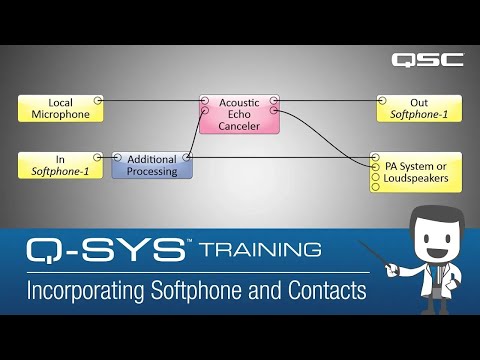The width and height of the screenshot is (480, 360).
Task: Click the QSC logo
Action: pyautogui.click(x=427, y=59)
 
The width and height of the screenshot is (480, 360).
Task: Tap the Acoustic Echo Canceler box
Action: pyautogui.click(x=239, y=114)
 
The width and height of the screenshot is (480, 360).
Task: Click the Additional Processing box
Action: pyautogui.click(x=152, y=165)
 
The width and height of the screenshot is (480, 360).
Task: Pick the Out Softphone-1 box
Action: pyautogui.click(x=419, y=108)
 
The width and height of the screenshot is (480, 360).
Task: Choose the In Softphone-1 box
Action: pyautogui.click(x=61, y=165)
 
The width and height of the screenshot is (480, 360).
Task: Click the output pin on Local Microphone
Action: pyautogui.click(x=98, y=101)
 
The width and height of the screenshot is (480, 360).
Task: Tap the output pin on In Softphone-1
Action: pyautogui.click(x=98, y=157)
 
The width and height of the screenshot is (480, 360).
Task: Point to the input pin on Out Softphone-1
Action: pyautogui.click(x=382, y=101)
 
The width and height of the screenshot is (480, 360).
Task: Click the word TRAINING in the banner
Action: pyautogui.click(x=259, y=248)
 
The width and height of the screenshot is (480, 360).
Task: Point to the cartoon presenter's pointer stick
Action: pyautogui.click(x=383, y=257)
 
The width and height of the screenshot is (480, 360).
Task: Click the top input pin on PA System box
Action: pyautogui.click(x=375, y=158)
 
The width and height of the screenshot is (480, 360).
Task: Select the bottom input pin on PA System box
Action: pyautogui.click(x=375, y=186)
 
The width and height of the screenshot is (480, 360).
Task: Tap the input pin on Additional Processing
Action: pyautogui.click(x=117, y=158)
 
